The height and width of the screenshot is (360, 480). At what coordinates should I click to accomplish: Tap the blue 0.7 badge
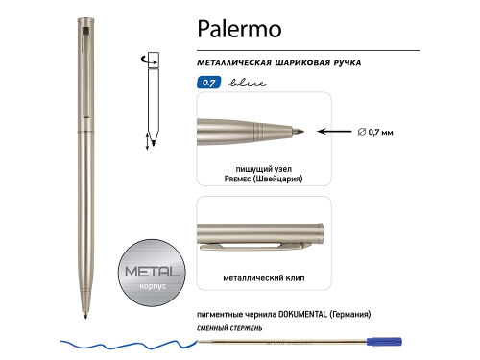[206, 83]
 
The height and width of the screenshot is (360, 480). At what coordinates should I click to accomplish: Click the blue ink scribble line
[125, 340]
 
